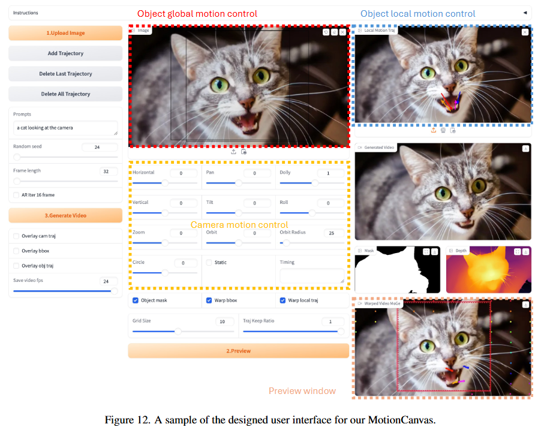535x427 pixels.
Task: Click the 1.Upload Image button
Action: point(65,33)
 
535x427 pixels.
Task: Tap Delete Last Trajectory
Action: point(65,74)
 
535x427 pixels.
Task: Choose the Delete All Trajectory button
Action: point(65,94)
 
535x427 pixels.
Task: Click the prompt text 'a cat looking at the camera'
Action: point(45,128)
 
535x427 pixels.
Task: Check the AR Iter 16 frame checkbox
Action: point(16,195)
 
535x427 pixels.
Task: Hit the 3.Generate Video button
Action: point(65,215)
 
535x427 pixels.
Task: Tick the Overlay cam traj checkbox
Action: point(16,236)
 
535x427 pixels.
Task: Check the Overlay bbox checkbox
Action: point(16,251)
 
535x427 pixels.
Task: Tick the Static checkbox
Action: point(209,262)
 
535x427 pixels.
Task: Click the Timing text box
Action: point(312,276)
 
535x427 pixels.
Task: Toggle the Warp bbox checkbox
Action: point(209,300)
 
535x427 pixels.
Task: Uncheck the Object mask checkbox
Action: point(136,300)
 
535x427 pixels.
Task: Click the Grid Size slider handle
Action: point(178,331)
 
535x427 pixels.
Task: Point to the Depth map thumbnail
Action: point(489,269)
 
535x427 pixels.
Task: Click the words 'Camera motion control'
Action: point(239,225)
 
